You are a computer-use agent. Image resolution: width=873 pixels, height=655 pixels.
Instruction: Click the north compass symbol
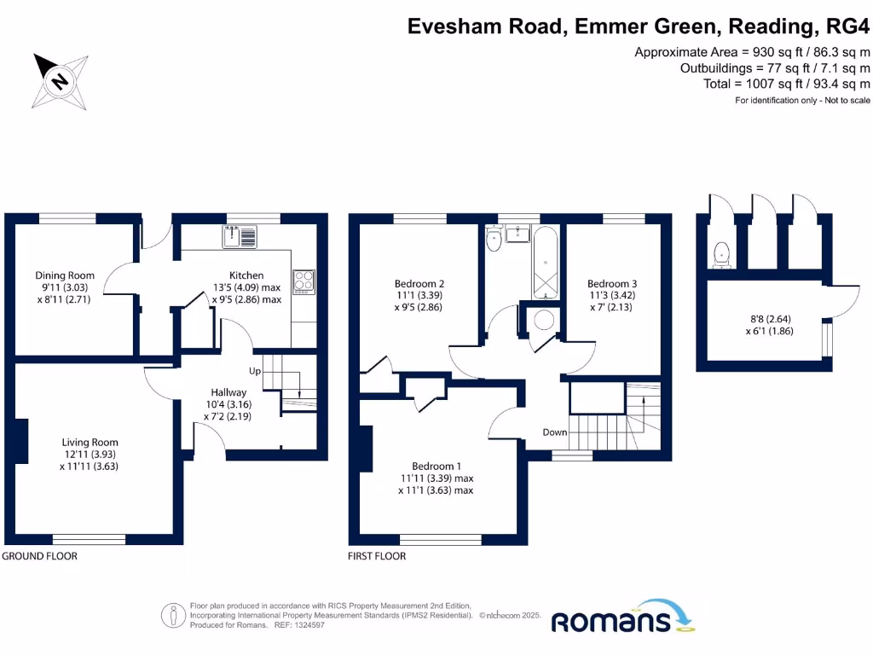pos(60,81)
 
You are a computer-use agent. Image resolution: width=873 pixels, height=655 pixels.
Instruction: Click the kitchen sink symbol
pos(242,235)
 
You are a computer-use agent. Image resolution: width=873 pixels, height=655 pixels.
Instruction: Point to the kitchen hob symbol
pos(304,281)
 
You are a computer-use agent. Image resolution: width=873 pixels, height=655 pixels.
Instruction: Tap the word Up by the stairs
pos(255,372)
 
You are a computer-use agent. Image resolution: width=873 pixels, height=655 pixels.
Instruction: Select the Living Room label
pos(90,443)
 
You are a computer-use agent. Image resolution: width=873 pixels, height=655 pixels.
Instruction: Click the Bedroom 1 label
pos(436,467)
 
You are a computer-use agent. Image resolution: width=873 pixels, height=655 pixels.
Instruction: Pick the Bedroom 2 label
pos(419,284)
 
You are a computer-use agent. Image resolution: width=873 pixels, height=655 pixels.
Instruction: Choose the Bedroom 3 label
pos(612,284)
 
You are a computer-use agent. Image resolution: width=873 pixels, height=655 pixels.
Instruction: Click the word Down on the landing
pos(555,432)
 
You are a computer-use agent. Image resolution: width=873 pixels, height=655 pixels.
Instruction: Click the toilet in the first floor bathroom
pos(494,242)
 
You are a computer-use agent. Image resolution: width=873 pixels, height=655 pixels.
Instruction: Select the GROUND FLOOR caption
pos(39,556)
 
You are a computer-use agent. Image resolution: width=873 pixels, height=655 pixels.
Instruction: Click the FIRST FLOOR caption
pos(378,556)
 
